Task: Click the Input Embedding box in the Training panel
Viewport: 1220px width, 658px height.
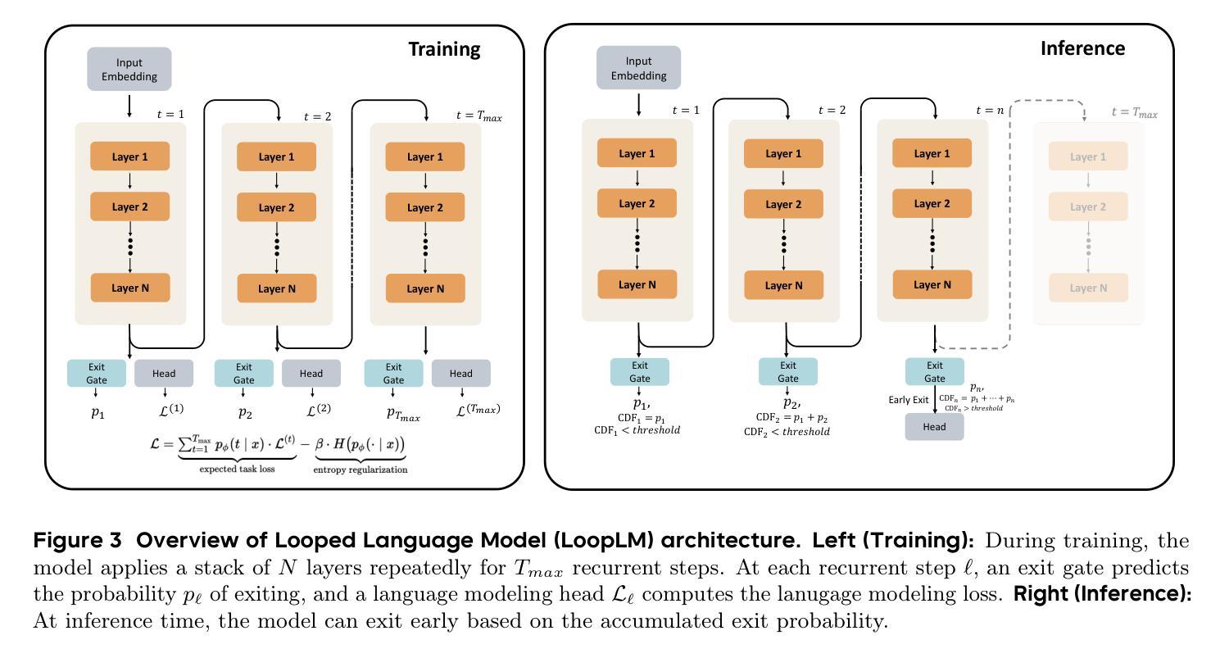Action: click(129, 69)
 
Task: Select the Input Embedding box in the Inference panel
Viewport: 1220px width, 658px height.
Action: click(638, 68)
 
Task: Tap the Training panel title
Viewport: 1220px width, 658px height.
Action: click(444, 49)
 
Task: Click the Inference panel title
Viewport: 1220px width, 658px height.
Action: click(1082, 48)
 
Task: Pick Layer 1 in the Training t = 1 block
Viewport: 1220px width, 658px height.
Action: click(129, 157)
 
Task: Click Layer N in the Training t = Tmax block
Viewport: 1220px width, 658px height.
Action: click(425, 288)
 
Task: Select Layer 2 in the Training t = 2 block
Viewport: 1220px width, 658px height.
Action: click(277, 207)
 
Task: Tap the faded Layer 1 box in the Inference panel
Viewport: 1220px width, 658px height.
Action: click(1088, 157)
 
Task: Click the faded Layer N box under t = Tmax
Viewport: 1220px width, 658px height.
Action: click(1088, 288)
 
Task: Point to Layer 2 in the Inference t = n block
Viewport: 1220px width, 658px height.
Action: click(932, 203)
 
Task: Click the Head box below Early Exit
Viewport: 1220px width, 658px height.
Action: click(934, 427)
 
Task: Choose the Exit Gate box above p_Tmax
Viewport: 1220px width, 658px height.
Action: click(393, 374)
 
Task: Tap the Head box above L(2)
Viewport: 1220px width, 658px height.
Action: click(311, 374)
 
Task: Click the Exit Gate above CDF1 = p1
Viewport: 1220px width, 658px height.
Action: click(640, 372)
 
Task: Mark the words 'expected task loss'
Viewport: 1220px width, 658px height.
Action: click(237, 470)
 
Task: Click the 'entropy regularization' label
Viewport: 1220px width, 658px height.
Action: click(361, 470)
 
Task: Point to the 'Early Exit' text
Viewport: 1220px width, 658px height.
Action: click(909, 400)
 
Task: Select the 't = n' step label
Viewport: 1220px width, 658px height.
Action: click(990, 110)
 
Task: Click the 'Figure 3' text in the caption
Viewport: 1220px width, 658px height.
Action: click(78, 541)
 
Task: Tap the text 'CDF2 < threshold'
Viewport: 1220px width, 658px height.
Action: click(787, 431)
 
